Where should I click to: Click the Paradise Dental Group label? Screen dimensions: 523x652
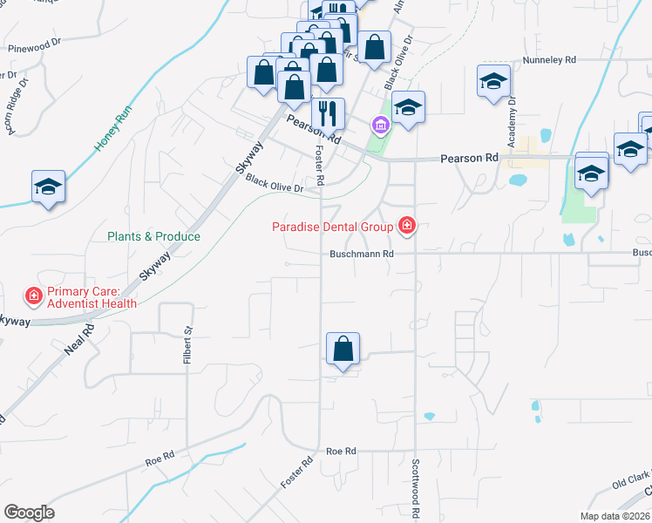(331, 228)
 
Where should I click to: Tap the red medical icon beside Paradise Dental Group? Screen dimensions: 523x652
(405, 228)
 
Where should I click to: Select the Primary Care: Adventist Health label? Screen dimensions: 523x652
(92, 297)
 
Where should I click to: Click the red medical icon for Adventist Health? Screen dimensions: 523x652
(33, 297)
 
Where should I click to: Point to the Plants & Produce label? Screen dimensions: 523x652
(153, 236)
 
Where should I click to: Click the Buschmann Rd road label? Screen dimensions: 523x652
(363, 255)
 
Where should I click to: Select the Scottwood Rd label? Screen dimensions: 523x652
(416, 490)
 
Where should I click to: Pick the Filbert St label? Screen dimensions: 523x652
(187, 343)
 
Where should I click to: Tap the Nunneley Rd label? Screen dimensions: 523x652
(549, 60)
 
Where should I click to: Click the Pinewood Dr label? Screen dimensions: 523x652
(32, 44)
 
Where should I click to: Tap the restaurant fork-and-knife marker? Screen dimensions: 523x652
(328, 113)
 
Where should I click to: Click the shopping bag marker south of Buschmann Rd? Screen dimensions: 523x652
(343, 350)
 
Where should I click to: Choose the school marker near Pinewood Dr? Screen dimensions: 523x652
(48, 187)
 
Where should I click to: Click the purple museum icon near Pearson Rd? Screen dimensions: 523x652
(380, 126)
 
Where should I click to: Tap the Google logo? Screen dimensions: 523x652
(29, 513)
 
